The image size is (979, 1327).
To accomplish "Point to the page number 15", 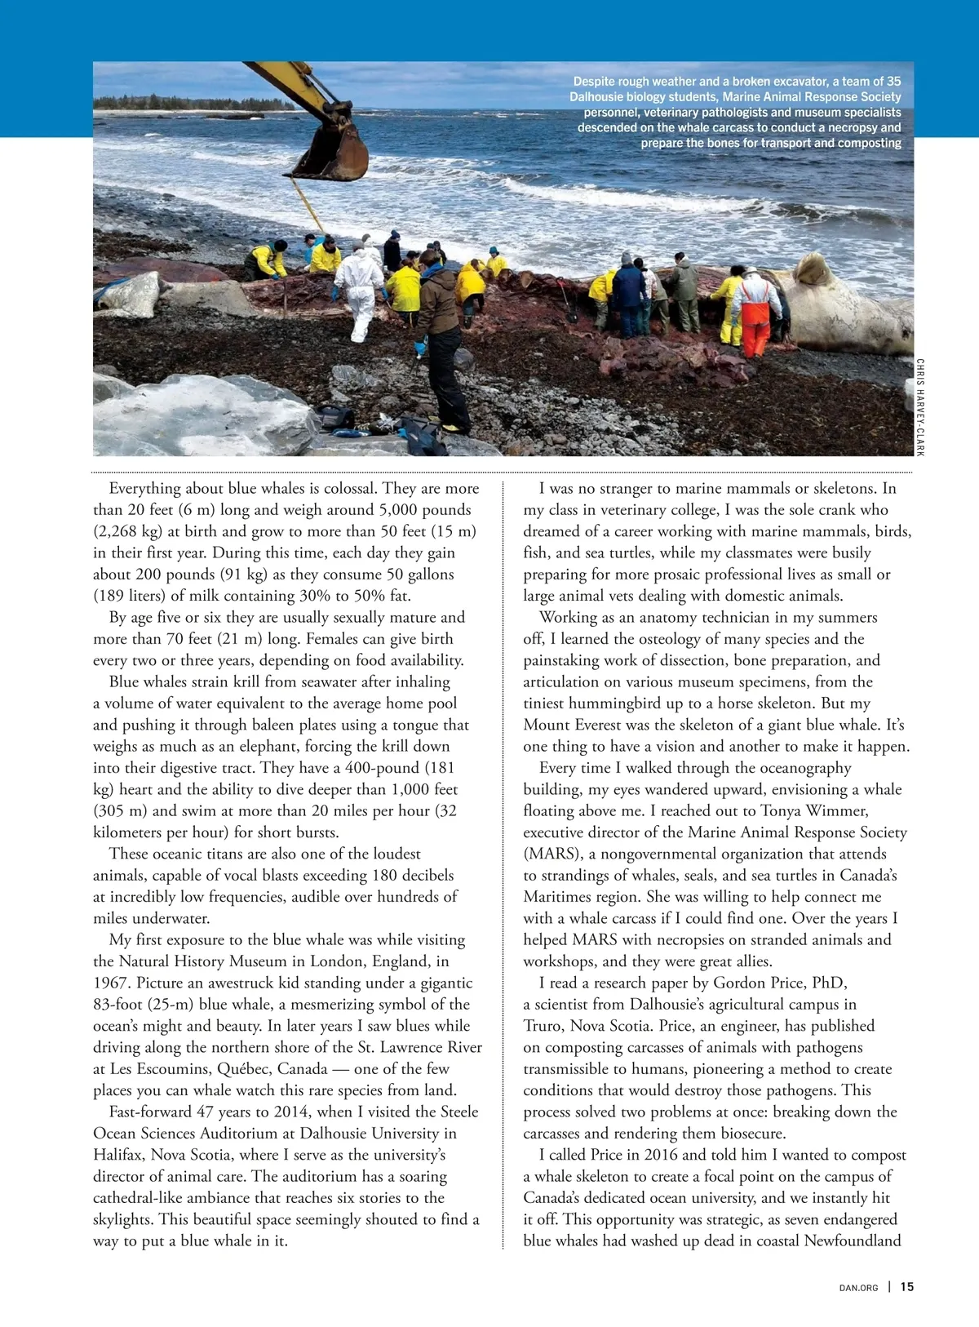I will (x=907, y=1287).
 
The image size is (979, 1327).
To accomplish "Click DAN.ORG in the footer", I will (x=858, y=1288).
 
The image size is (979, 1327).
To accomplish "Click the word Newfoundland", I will (x=853, y=1240).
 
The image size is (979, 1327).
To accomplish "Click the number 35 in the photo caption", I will (x=893, y=82).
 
